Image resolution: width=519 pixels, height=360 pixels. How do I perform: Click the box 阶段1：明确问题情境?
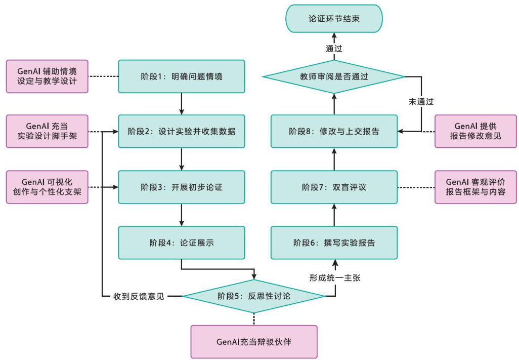coord(182,76)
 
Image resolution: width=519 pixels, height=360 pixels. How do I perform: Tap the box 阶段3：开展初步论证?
coord(182,187)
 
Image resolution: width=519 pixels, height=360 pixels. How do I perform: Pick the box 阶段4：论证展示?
coord(182,243)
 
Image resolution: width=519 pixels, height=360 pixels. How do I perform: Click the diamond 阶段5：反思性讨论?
coord(253,296)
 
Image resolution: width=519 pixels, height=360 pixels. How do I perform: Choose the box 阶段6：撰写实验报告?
coord(334,243)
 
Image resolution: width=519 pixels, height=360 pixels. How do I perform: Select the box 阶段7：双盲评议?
coord(334,187)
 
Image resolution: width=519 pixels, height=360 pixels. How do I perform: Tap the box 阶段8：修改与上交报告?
coord(334,131)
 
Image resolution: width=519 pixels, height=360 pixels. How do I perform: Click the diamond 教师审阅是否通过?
coord(334,77)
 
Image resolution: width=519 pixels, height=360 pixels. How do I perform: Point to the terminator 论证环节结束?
coord(334,19)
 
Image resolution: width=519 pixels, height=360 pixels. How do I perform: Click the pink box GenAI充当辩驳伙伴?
coord(253,341)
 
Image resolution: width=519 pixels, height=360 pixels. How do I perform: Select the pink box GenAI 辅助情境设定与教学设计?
coord(47,76)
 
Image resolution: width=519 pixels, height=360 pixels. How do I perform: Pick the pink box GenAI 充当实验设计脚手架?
coord(47,131)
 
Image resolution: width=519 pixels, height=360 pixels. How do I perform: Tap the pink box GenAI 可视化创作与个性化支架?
coord(47,187)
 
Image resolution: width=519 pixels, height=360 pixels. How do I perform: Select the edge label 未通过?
coord(421,101)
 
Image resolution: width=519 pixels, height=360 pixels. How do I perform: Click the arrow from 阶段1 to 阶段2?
coord(182,104)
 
